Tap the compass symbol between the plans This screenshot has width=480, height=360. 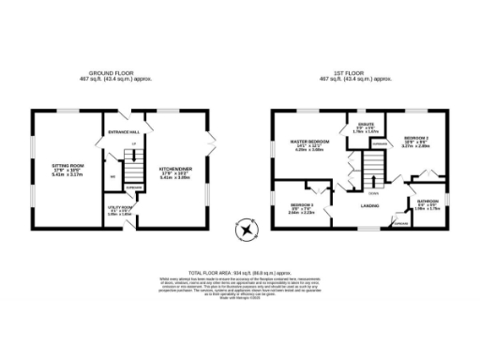click(246, 227)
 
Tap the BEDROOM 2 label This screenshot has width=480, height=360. click(415, 140)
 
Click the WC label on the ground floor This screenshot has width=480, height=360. click(112, 175)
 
